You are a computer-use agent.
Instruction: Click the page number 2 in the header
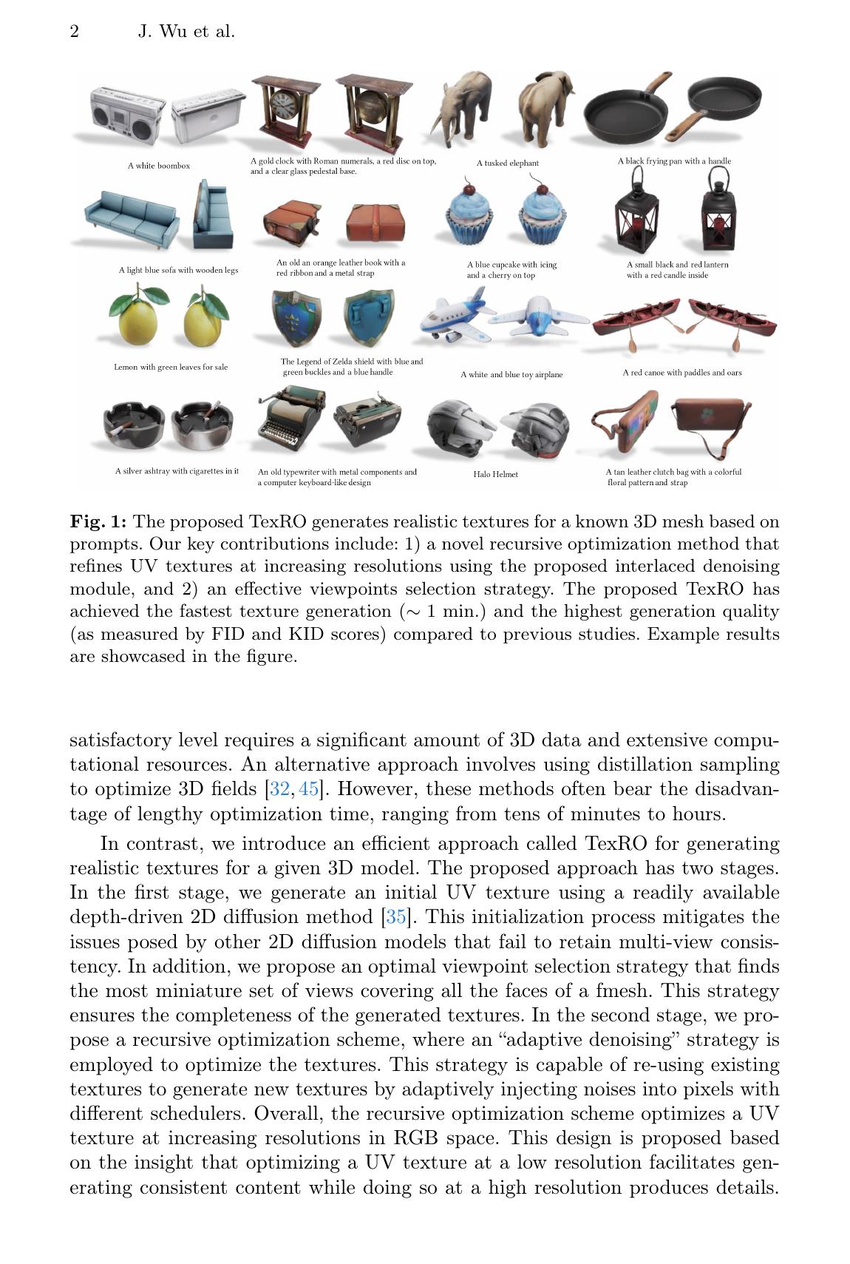(75, 31)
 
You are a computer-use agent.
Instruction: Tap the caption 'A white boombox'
(158, 166)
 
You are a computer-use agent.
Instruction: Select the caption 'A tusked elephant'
(507, 163)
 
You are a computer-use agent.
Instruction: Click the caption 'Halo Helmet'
(495, 474)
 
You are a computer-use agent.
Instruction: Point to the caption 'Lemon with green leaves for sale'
(171, 367)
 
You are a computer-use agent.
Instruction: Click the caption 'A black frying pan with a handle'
(674, 160)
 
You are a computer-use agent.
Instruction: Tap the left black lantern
(633, 211)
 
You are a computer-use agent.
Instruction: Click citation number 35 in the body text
(395, 917)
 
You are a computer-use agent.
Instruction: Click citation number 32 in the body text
(280, 789)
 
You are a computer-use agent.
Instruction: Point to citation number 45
(308, 789)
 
